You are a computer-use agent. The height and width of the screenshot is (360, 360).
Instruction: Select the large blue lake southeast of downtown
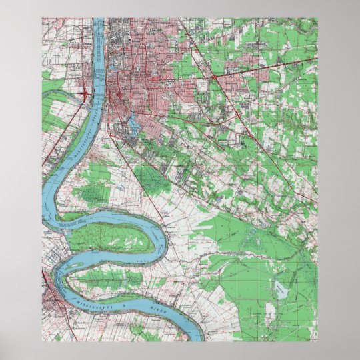(131, 123)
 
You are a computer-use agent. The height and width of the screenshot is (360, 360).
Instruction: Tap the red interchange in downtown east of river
(111, 100)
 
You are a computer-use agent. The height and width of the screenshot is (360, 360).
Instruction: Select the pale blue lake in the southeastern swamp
(279, 289)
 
